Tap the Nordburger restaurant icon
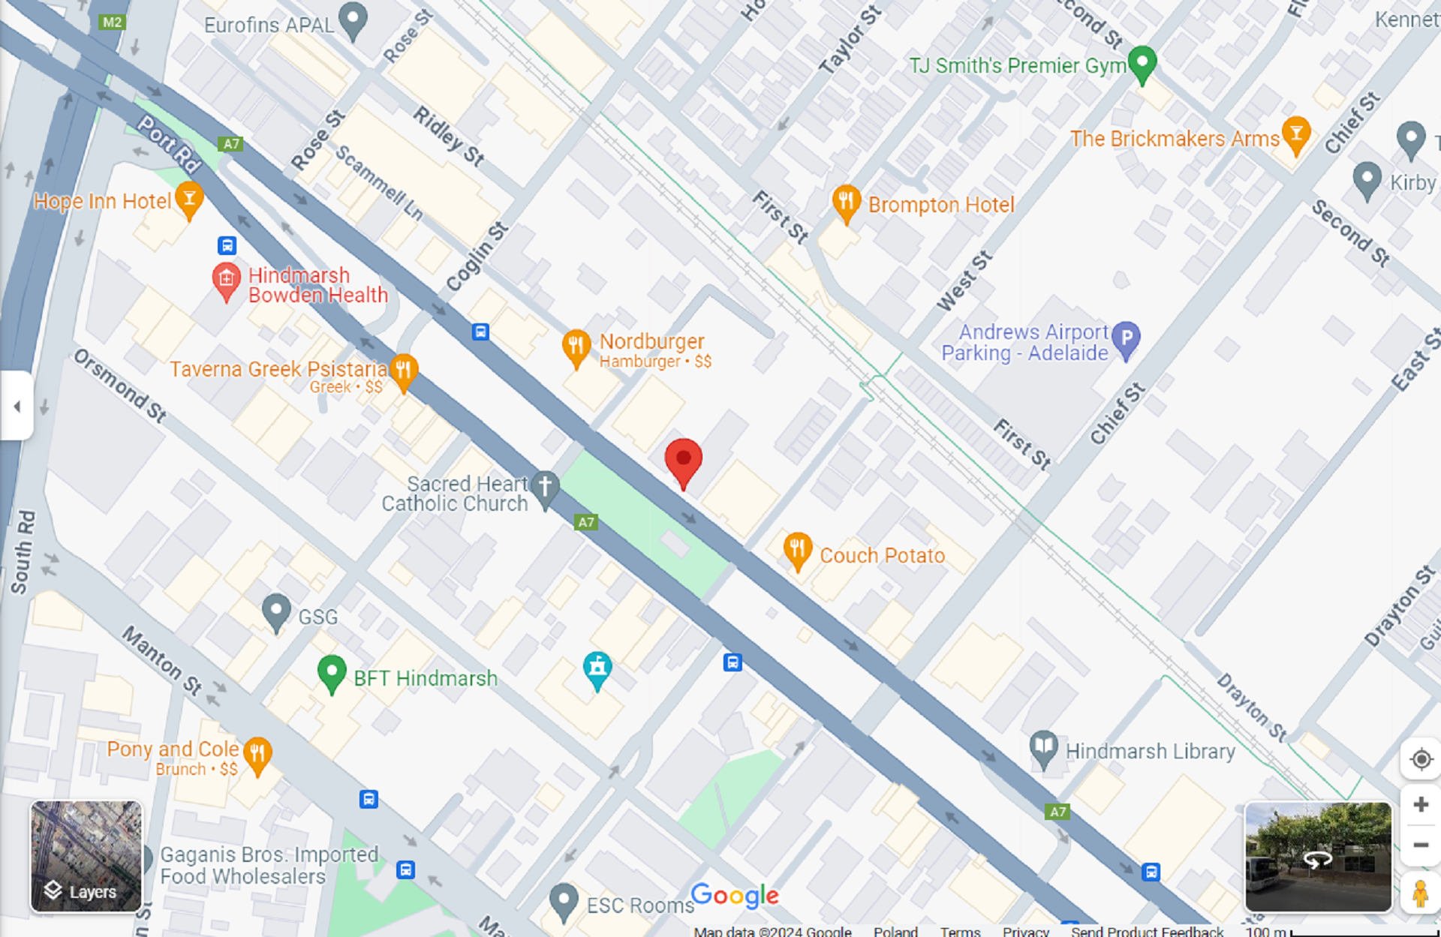tap(576, 347)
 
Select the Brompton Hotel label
tap(940, 205)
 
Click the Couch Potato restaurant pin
tap(797, 550)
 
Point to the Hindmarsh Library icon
tap(1042, 747)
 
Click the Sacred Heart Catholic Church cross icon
tap(545, 486)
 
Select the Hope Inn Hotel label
tap(102, 201)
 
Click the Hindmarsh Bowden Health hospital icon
tap(226, 279)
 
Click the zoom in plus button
tap(1420, 805)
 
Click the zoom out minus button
tap(1420, 845)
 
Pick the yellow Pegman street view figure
tap(1419, 893)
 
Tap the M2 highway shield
tap(112, 22)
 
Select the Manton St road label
tap(162, 660)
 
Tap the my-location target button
tap(1420, 759)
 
